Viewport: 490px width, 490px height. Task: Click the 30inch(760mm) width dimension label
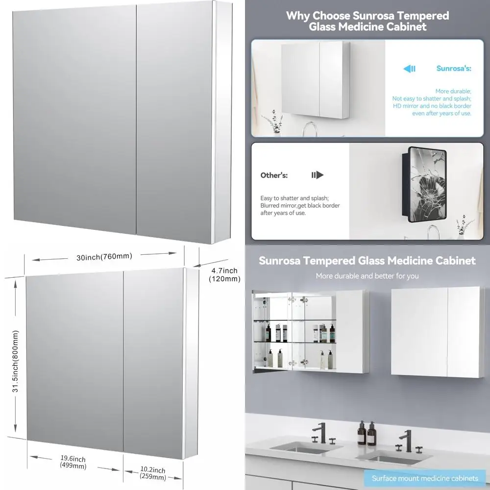pyautogui.click(x=104, y=257)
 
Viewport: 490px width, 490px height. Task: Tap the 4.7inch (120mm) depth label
pyautogui.click(x=224, y=275)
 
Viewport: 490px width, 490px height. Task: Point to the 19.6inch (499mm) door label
pyautogui.click(x=73, y=462)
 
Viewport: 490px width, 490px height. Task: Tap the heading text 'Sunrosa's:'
pyautogui.click(x=454, y=69)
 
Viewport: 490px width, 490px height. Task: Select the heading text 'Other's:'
pyautogui.click(x=274, y=175)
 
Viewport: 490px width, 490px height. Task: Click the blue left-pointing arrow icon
pyautogui.click(x=409, y=69)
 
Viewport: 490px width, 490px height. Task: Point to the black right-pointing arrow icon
pyautogui.click(x=318, y=175)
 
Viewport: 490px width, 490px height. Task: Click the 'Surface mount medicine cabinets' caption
pyautogui.click(x=425, y=478)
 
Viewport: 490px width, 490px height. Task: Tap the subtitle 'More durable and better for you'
pyautogui.click(x=367, y=276)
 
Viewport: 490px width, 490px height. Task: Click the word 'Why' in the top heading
pyautogui.click(x=298, y=15)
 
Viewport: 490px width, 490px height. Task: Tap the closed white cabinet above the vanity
pyautogui.click(x=438, y=332)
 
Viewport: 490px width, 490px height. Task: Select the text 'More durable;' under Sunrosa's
pyautogui.click(x=453, y=91)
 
